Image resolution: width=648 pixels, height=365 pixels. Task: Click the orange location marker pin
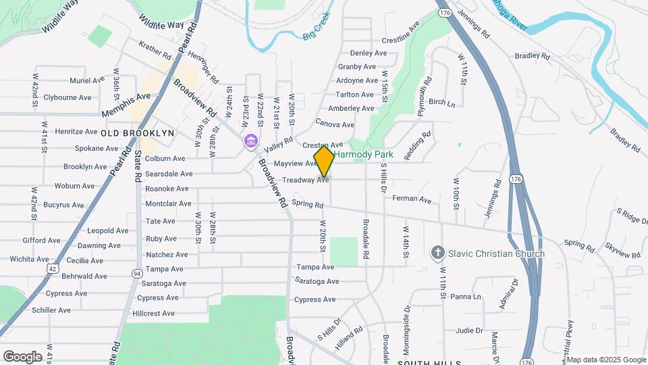(324, 160)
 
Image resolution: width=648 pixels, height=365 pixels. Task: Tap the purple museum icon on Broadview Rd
(251, 141)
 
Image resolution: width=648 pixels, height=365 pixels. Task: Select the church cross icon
(437, 253)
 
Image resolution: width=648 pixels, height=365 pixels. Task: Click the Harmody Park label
(362, 155)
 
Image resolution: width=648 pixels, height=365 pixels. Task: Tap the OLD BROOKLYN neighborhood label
(138, 133)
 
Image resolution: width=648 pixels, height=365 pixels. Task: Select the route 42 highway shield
(53, 268)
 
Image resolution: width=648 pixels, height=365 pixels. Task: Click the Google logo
(22, 356)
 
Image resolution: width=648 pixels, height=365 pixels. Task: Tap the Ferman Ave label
(412, 199)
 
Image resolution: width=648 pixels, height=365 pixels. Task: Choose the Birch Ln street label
(441, 103)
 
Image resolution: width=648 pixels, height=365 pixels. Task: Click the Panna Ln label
(466, 296)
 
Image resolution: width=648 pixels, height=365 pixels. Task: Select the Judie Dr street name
(469, 331)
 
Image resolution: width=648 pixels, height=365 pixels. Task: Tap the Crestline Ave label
(401, 41)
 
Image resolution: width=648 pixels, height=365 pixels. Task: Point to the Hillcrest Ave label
(154, 314)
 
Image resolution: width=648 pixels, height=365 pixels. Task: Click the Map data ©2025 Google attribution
(606, 359)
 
